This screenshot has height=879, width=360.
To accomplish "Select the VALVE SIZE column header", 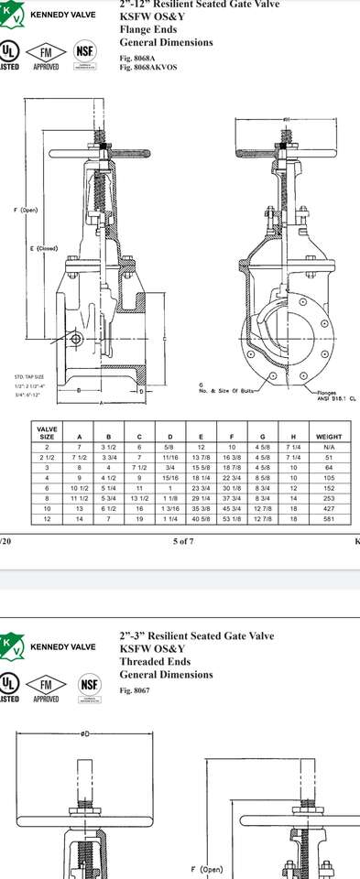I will [47, 433].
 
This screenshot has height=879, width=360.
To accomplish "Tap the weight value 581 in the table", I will [328, 519].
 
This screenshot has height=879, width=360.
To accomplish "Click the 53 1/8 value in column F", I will [232, 519].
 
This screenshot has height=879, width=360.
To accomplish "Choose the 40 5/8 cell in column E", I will [201, 519].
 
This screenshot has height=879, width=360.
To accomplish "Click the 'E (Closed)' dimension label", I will [43, 248].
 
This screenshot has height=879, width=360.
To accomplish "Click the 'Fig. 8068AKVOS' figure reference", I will [147, 67].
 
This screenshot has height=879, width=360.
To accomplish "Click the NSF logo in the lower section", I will [89, 684].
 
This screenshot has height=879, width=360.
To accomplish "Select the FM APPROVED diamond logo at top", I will [46, 52].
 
